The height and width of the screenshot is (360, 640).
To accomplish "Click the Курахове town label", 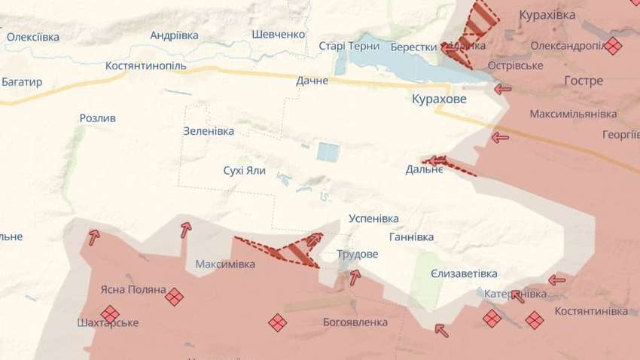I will [x=439, y=99].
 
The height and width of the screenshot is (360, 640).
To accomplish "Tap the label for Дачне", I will [x=312, y=81].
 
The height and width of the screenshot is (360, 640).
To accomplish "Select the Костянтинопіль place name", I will [x=146, y=66].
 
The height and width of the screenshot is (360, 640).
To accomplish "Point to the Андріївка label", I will [x=174, y=35].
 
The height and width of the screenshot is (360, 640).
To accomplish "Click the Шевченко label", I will [x=279, y=34].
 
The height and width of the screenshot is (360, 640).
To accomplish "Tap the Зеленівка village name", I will [x=209, y=130].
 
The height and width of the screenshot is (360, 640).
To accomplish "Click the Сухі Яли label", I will [x=245, y=170].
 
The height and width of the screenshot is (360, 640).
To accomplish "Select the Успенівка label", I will [x=373, y=218].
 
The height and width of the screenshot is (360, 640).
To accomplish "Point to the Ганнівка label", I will [x=411, y=236].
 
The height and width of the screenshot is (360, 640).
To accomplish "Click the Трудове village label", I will [x=357, y=254].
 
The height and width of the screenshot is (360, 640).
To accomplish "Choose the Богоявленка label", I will [x=355, y=322].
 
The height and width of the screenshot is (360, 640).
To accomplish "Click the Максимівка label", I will [x=225, y=264].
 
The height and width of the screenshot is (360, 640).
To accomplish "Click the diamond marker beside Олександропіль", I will [x=614, y=46].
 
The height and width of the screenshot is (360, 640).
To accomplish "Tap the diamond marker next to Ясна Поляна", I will [x=175, y=297].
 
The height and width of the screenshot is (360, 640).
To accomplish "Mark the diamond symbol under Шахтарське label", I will [x=109, y=313].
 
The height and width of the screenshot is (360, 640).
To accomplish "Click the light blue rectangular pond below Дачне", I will [x=328, y=151].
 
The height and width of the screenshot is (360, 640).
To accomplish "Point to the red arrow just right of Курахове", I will [x=502, y=89].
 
